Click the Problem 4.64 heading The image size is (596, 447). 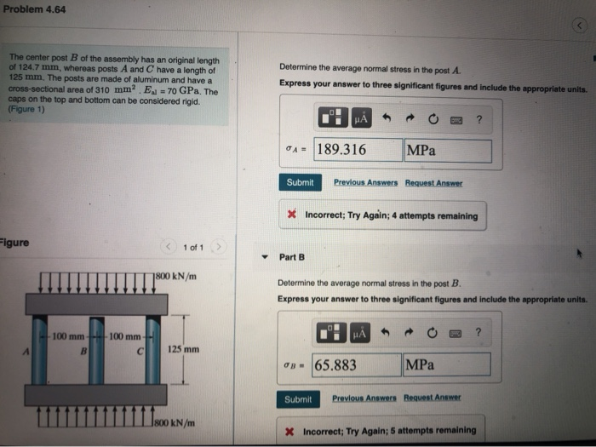pyautogui.click(x=35, y=9)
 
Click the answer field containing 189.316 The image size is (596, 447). pyautogui.click(x=358, y=151)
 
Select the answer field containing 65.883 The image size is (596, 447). pyautogui.click(x=356, y=365)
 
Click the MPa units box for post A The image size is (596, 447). pyautogui.click(x=448, y=151)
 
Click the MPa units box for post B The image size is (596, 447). pyautogui.click(x=446, y=365)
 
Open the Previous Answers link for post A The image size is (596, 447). pyautogui.click(x=366, y=183)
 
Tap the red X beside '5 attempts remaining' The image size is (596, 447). pyautogui.click(x=290, y=431)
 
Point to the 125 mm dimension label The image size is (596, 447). pyautogui.click(x=183, y=349)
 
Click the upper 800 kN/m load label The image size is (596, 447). pyautogui.click(x=177, y=275)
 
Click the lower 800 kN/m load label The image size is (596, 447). pyautogui.click(x=177, y=421)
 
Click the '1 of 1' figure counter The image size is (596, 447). pyautogui.click(x=193, y=248)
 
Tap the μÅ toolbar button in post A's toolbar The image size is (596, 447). pyautogui.click(x=362, y=120)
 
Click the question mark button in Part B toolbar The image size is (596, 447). pyautogui.click(x=479, y=333)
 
